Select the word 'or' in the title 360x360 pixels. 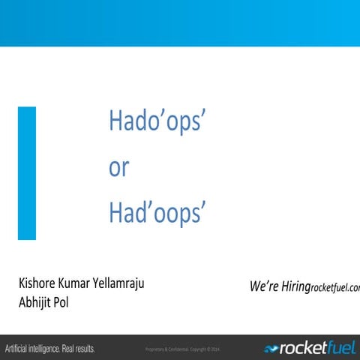(x=118, y=168)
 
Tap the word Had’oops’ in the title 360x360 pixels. (x=156, y=213)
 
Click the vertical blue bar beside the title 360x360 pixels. (x=27, y=173)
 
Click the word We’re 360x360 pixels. (x=265, y=286)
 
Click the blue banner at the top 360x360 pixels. (x=180, y=22)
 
